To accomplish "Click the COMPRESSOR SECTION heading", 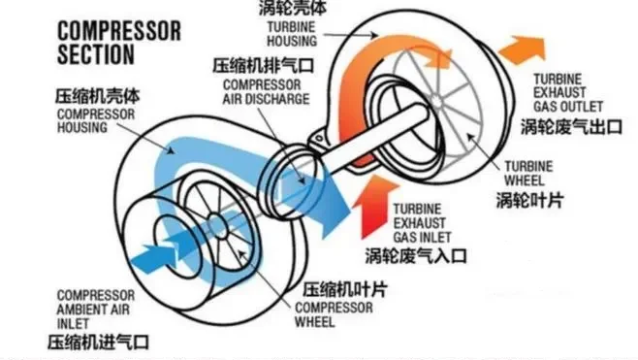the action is (118, 42).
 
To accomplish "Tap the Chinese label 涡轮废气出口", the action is (571, 125).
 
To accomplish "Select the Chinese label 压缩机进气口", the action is (101, 341).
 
